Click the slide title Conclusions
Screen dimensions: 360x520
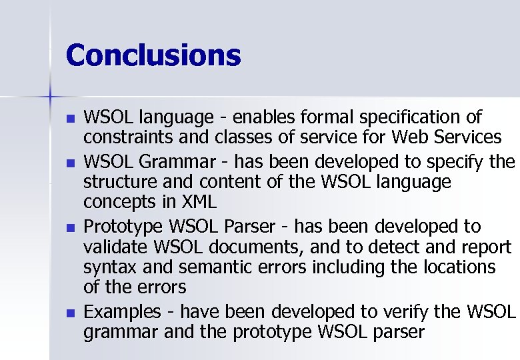pos(153,55)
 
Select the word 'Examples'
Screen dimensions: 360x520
pos(122,311)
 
